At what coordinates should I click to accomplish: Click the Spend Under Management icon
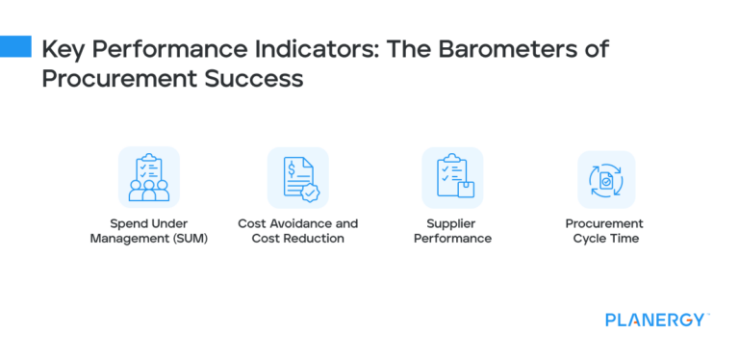tap(148, 177)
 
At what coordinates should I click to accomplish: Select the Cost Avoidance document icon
tap(297, 177)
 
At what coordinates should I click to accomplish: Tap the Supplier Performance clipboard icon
tap(452, 177)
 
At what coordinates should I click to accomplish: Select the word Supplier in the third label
tap(452, 223)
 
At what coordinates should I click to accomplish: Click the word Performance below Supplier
tap(452, 238)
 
